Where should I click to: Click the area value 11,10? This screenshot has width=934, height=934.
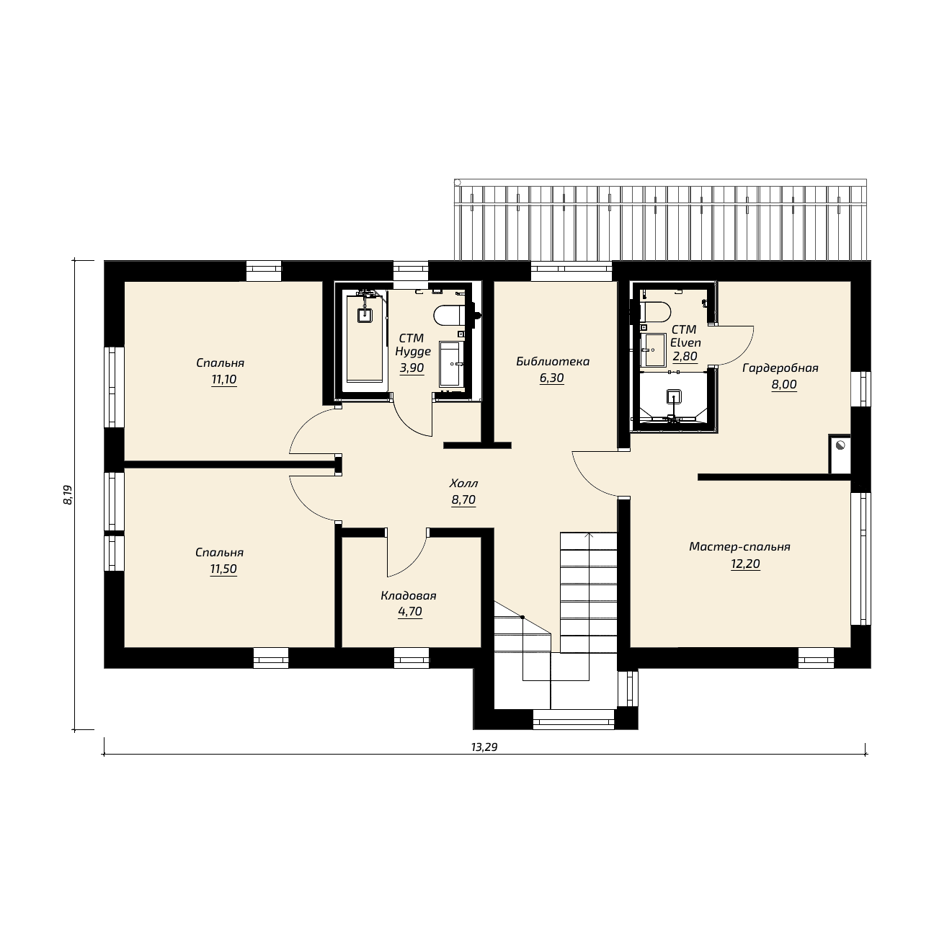click(224, 379)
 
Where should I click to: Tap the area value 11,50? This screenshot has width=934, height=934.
click(223, 569)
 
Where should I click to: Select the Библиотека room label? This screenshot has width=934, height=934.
click(553, 362)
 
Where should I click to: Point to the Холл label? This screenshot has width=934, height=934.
click(464, 484)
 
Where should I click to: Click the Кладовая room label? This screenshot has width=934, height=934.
click(409, 596)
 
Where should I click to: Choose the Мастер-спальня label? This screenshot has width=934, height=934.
click(739, 547)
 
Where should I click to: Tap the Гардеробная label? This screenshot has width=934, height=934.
click(780, 368)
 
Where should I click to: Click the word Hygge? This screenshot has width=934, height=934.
click(413, 351)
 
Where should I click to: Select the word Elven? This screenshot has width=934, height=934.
click(685, 342)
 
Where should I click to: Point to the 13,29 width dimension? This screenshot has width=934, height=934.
click(485, 747)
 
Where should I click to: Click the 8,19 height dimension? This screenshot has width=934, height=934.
click(68, 495)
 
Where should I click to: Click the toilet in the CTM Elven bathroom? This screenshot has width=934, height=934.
click(655, 311)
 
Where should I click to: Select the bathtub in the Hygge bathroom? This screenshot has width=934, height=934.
click(365, 339)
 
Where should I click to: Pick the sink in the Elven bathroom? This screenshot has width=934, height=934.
click(654, 350)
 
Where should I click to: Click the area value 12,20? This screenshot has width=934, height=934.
click(745, 564)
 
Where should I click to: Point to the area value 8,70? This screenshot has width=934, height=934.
click(463, 499)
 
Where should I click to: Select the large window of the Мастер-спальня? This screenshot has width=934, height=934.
click(860, 559)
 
